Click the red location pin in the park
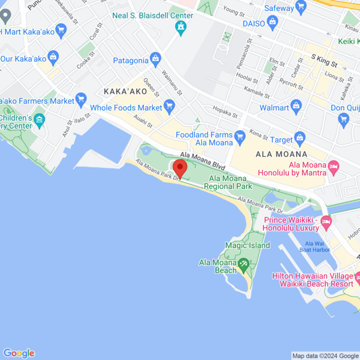click(x=180, y=167)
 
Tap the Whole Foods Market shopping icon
click(x=170, y=105)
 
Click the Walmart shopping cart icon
click(x=296, y=105)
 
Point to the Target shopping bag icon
click(x=299, y=137)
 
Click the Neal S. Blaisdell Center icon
click(x=181, y=27)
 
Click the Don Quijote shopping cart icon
click(x=344, y=119)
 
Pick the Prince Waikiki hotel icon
click(x=325, y=222)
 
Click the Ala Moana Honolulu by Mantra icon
click(x=333, y=166)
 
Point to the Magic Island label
click(x=248, y=245)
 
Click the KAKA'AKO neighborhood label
click(x=126, y=91)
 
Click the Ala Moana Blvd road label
click(x=203, y=161)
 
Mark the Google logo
click(x=19, y=353)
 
